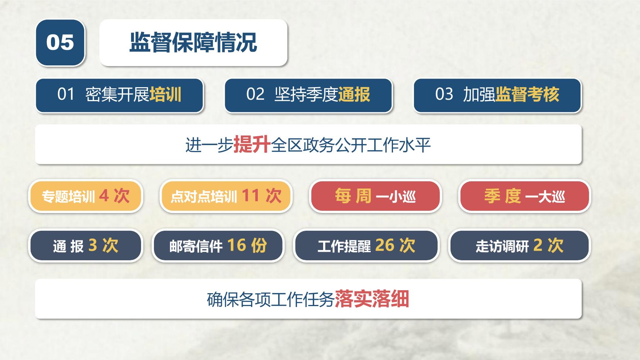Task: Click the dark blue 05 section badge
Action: (x=60, y=42)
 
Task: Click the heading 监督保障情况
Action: (x=193, y=42)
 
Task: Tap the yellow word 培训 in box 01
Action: (x=165, y=95)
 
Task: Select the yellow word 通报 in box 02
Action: (x=354, y=95)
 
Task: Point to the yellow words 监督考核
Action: (x=527, y=95)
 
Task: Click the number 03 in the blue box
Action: (x=444, y=95)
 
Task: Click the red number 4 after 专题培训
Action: (x=104, y=195)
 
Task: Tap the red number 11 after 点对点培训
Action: (x=251, y=195)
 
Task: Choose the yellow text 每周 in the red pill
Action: (x=353, y=196)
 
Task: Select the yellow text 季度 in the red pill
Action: (x=502, y=196)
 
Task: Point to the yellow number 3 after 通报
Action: (x=93, y=245)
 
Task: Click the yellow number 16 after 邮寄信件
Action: (x=236, y=245)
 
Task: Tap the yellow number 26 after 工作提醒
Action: (x=385, y=245)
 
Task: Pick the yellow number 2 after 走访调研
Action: (x=538, y=245)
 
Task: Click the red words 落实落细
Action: (x=372, y=299)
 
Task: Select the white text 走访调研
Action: (x=502, y=246)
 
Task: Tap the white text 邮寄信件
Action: (x=196, y=246)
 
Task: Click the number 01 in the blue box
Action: (x=66, y=95)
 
